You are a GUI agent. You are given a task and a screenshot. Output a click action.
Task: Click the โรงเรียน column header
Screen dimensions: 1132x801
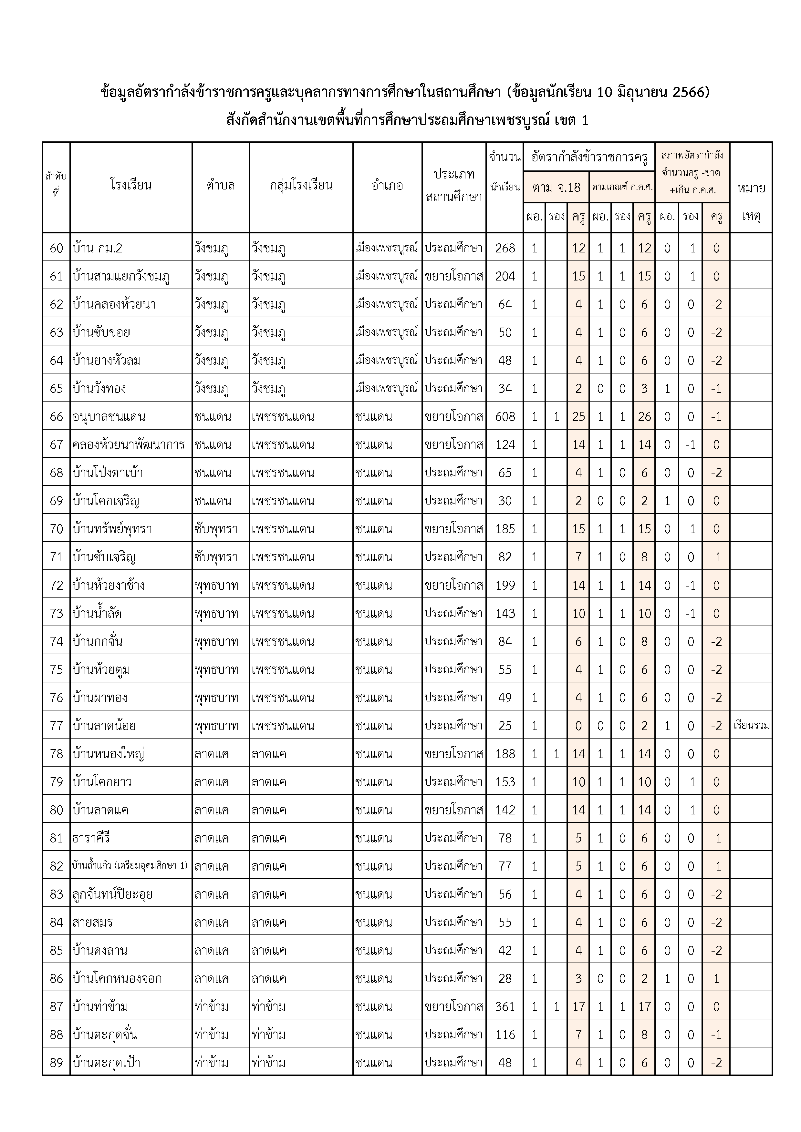[131, 185]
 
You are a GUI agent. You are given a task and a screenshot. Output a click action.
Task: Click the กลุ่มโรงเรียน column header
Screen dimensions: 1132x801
[301, 185]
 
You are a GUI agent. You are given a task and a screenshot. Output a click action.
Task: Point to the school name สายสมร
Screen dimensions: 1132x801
[92, 923]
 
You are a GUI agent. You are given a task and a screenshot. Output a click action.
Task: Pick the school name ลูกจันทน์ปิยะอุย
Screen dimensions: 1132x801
[112, 894]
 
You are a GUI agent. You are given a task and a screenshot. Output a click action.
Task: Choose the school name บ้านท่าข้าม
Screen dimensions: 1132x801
[100, 1007]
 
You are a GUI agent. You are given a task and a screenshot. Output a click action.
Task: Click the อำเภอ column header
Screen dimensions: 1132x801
[387, 185]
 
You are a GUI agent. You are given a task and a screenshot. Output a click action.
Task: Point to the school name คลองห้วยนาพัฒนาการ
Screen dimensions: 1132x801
[128, 445]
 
